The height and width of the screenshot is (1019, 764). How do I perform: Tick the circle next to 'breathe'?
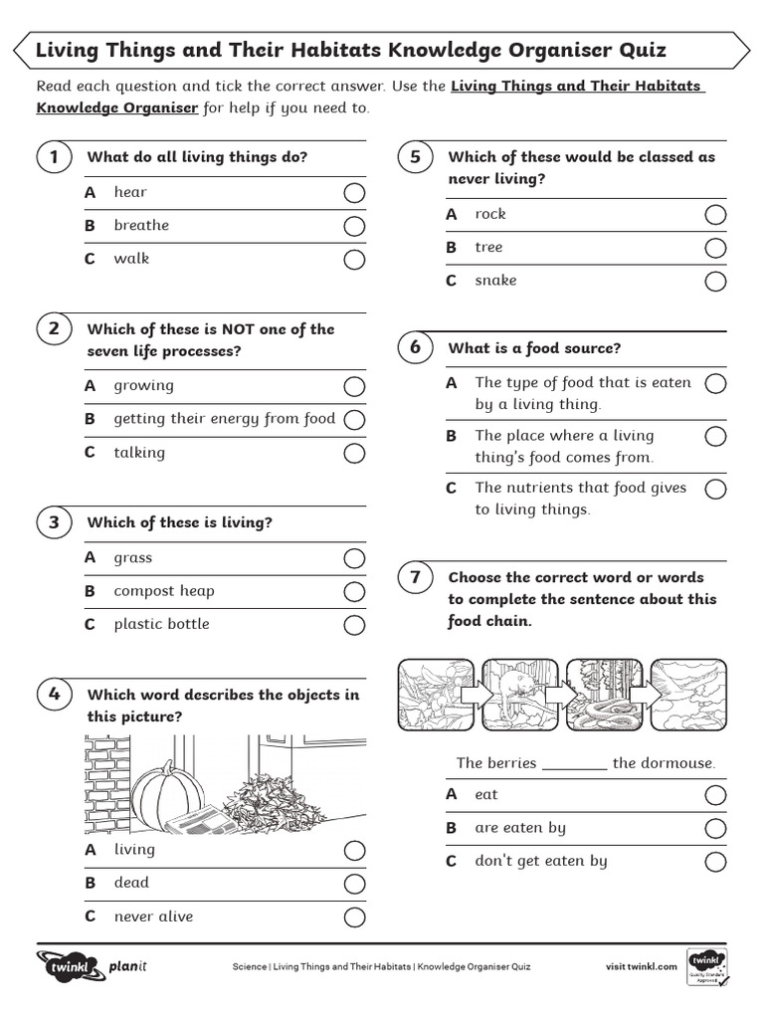[x=353, y=227]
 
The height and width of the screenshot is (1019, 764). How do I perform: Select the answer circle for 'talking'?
[x=353, y=454]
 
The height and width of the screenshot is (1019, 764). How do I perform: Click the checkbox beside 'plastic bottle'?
[x=353, y=626]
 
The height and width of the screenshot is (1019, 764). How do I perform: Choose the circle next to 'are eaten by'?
[x=715, y=829]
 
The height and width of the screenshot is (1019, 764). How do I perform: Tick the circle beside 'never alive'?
[x=353, y=917]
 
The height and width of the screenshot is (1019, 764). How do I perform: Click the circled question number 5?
[x=415, y=157]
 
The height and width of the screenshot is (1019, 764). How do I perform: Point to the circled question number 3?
[x=54, y=522]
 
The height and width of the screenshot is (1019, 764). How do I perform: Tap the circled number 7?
[x=415, y=577]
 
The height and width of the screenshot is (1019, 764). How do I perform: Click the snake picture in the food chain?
[x=603, y=695]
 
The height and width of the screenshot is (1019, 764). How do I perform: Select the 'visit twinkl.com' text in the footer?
[x=642, y=966]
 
